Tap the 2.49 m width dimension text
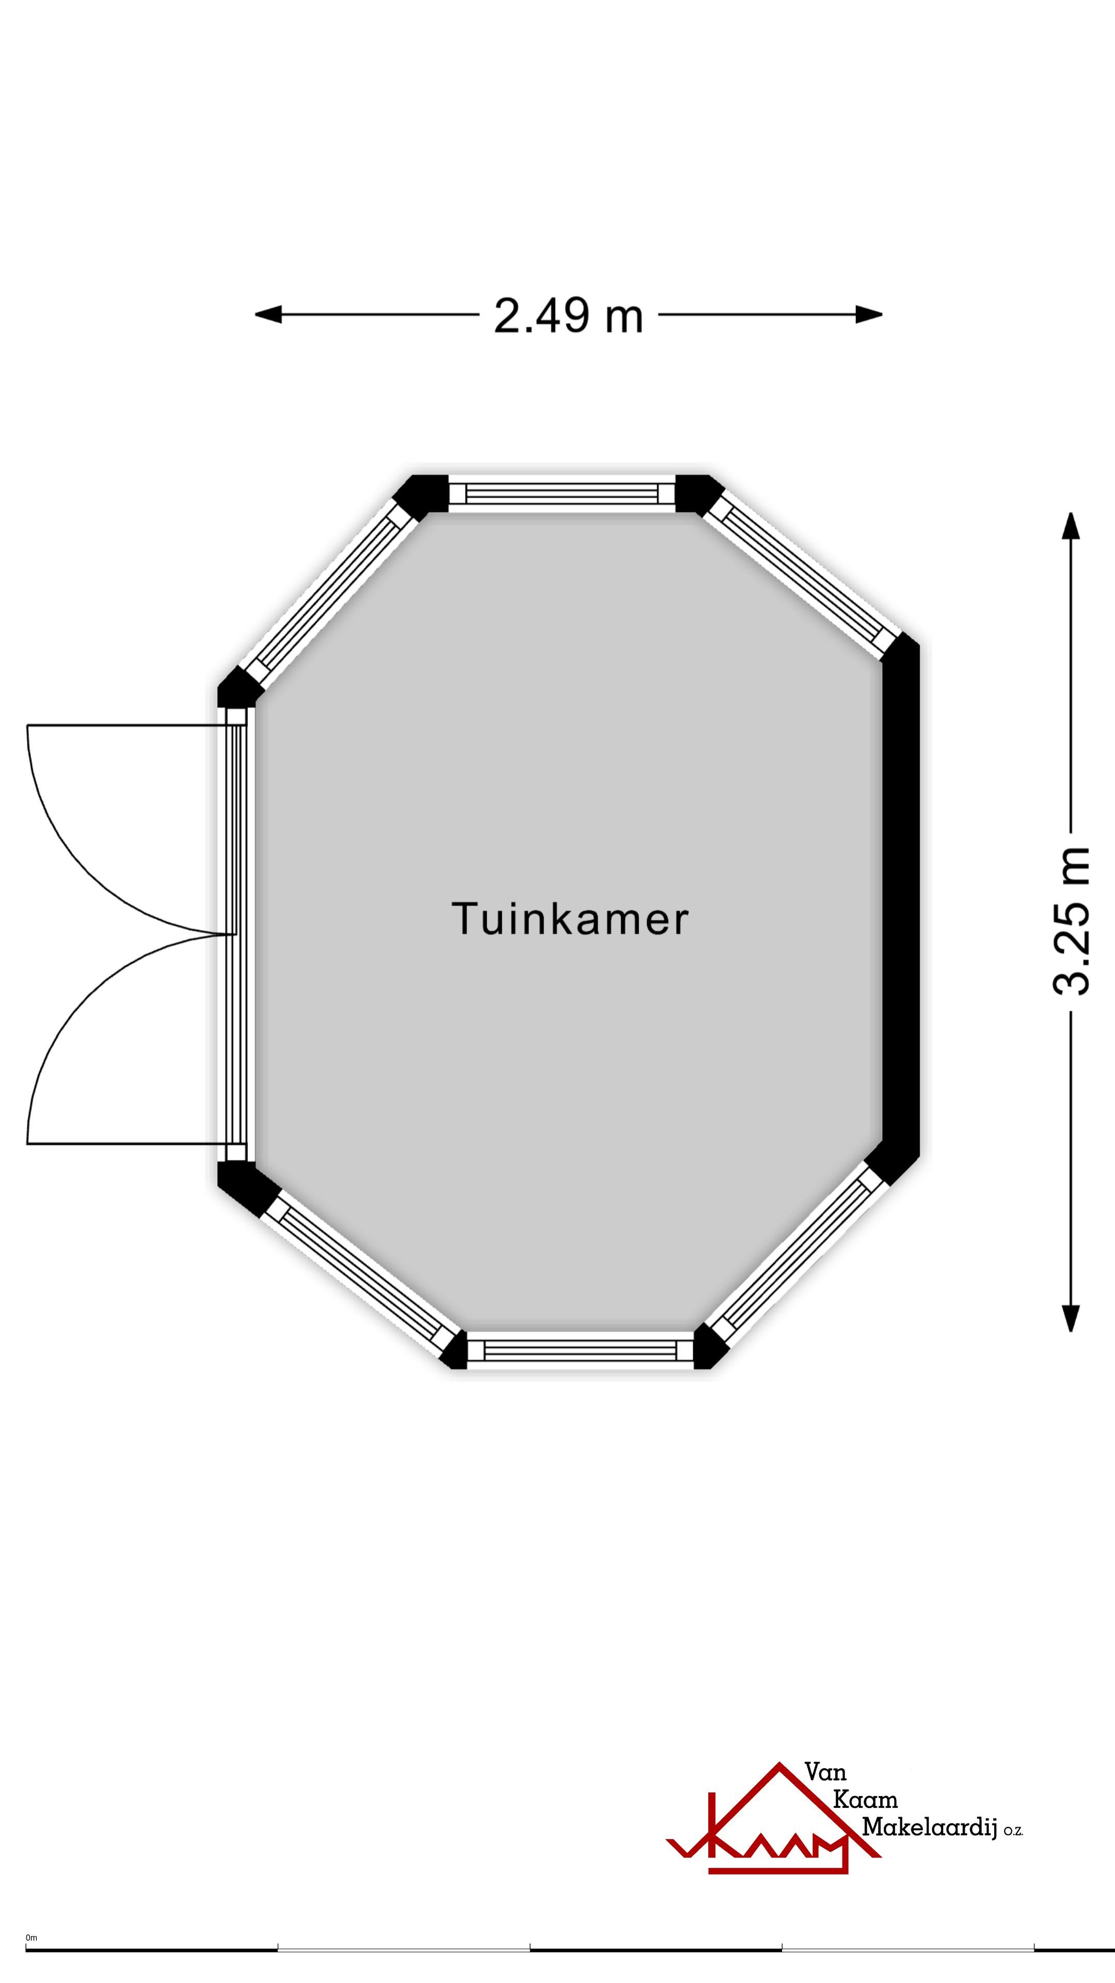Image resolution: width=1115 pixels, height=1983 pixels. [569, 315]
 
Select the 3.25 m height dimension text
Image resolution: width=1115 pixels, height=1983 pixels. [1071, 921]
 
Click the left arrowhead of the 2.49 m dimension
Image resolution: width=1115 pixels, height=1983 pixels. [268, 314]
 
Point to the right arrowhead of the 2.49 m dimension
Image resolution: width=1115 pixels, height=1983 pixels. [869, 314]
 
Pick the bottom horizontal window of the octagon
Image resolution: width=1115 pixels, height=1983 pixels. [581, 1351]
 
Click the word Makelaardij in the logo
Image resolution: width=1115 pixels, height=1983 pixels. [929, 1828]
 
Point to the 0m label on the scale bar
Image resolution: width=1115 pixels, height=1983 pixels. [31, 1939]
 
